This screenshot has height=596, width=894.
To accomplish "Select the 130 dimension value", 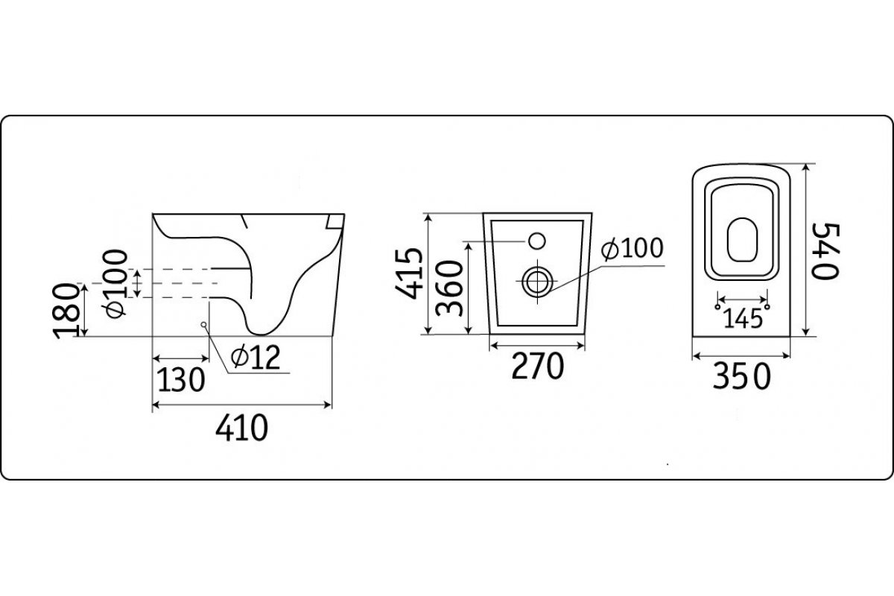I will (180, 380).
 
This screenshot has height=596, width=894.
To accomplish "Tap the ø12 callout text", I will (255, 359).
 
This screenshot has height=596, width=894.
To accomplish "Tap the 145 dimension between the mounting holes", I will (742, 318).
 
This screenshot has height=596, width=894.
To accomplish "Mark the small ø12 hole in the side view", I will (203, 324).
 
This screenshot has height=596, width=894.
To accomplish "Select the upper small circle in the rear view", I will (536, 241).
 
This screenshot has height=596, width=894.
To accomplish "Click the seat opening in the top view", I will (741, 239).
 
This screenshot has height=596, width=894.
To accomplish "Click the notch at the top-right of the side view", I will (333, 221).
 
